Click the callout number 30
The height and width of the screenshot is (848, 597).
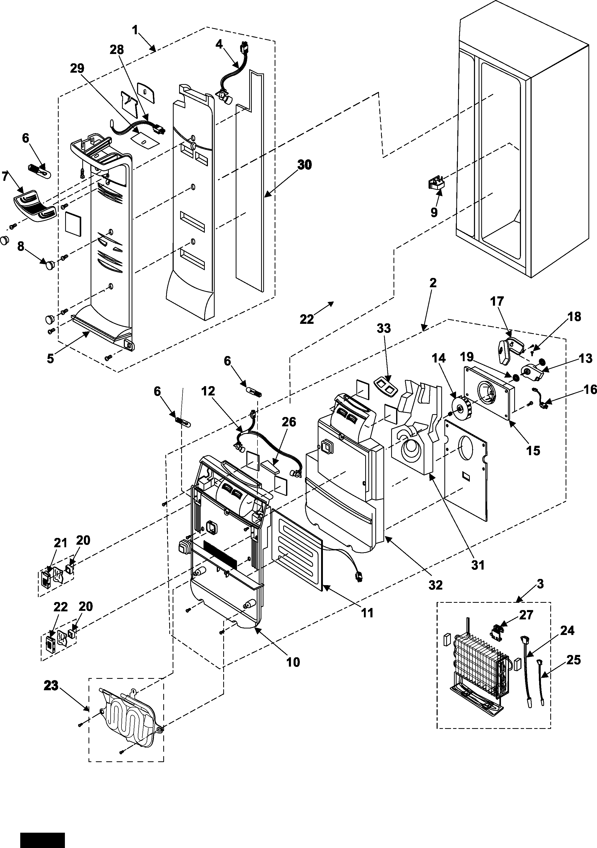pos(304,165)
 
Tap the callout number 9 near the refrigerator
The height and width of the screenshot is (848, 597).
pos(434,212)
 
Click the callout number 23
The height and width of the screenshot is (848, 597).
pos(51,686)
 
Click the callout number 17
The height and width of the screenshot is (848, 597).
pos(497,301)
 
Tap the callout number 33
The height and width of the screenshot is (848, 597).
pos(384,328)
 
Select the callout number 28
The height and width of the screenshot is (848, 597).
pos(117,50)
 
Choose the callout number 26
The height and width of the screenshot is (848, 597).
pos(289,422)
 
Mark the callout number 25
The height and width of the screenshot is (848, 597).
pos(573,660)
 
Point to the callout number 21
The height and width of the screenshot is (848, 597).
pos(60,543)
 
